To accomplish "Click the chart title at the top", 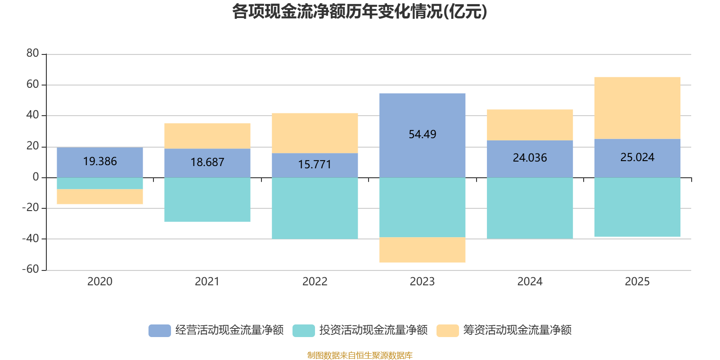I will (360, 12).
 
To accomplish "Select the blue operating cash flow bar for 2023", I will (422, 112).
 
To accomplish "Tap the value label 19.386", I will (100, 162).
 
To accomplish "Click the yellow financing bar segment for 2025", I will (637, 108).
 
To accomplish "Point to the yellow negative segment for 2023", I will (422, 250).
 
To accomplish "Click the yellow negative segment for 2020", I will (100, 197).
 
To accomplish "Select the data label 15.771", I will (315, 165).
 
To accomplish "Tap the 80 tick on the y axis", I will (32, 54).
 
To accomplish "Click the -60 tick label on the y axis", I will (31, 270).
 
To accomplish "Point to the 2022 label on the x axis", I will (315, 282).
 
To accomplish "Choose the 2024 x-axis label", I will (530, 282).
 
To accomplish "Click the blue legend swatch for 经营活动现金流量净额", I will (160, 330).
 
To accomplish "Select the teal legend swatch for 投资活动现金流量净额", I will (304, 330).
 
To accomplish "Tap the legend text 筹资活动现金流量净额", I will (517, 330).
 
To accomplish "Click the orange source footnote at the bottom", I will (360, 355).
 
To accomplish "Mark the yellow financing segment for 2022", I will (315, 133).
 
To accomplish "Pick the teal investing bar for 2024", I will (530, 208).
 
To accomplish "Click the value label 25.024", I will (637, 157).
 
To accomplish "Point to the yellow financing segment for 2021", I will (207, 135).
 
